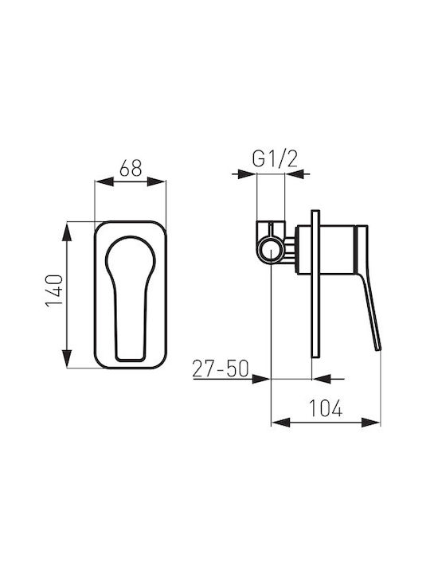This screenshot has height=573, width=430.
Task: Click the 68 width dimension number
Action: [x=131, y=168]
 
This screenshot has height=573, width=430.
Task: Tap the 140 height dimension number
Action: [x=55, y=291]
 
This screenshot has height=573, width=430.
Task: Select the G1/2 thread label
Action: [x=275, y=159]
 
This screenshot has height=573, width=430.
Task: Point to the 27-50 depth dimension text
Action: [x=221, y=368]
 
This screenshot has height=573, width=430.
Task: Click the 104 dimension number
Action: [x=326, y=407]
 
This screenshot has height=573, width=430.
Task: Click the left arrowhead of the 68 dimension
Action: [x=104, y=181]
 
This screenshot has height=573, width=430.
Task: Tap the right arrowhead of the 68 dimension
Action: [x=157, y=181]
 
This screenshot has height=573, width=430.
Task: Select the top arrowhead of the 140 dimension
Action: [x=67, y=232]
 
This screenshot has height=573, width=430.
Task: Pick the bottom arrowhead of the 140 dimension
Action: [x=67, y=358]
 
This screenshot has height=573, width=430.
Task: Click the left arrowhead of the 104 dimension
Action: [x=281, y=423]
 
